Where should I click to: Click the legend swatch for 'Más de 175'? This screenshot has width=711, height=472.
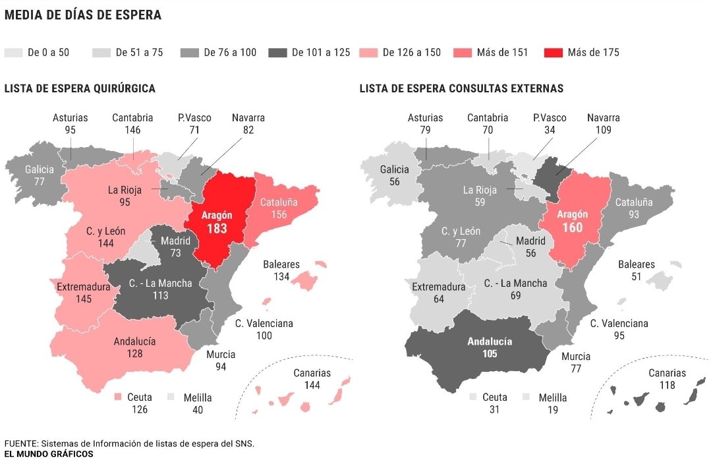pos(554,53)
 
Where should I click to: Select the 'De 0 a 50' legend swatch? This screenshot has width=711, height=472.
pos(13,53)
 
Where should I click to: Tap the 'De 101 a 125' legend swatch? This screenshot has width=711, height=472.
pos(278,53)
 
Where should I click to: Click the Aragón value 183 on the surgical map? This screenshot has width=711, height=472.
pos(217,229)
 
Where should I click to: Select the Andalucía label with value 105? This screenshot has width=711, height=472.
pos(489,347)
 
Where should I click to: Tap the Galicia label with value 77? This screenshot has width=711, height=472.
pos(39,175)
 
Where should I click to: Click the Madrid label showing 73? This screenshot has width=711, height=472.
pos(175,247)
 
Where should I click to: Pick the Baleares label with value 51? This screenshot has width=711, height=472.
pos(636,270)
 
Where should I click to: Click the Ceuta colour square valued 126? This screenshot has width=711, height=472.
pos(119,398)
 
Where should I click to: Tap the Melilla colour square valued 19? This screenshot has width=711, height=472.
pos(526,398)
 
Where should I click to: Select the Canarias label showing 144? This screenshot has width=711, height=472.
pos(312,379)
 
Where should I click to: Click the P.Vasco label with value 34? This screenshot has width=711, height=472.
pos(550,124)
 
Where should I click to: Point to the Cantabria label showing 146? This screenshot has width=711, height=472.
pos(132,124)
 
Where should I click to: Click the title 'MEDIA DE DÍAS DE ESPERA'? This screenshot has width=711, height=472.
pos(83,15)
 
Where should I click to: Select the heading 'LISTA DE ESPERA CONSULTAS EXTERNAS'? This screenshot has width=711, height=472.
pos(461,88)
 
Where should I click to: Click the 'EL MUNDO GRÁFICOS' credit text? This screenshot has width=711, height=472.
pos(49,454)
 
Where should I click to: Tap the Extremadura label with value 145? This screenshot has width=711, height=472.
pos(83,293)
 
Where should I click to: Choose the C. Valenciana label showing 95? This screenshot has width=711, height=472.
pos(619,330)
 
